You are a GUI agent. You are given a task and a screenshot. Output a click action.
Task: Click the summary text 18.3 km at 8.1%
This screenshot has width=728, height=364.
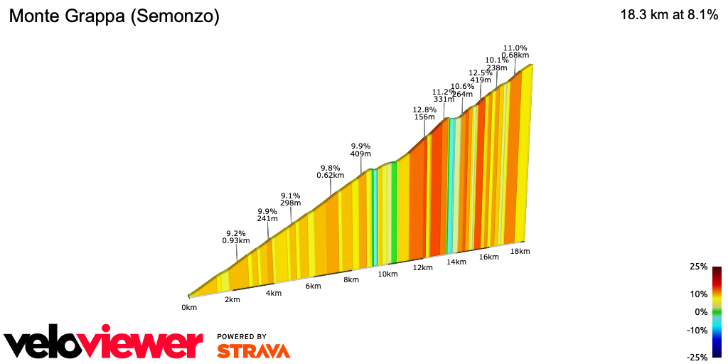point(669,15)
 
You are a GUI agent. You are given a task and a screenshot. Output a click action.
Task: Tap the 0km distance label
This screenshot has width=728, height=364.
point(188,308)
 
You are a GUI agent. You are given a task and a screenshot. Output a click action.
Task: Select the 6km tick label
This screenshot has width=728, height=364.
point(314,286)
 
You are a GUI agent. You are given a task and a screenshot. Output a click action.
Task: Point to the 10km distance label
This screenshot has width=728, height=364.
point(387,274)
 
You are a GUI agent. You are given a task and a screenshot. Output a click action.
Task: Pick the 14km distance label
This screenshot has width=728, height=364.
point(456,262)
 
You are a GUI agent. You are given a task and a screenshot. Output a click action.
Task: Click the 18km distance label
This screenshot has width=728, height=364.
point(520,251)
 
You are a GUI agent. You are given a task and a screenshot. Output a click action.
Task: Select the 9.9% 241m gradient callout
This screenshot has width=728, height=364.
point(267,215)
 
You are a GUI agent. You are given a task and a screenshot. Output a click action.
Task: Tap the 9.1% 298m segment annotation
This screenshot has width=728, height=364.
point(290,199)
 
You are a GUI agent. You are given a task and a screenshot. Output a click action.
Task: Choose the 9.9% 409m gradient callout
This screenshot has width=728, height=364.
point(361,149)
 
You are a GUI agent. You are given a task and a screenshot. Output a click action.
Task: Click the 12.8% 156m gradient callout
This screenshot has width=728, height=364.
point(424,114)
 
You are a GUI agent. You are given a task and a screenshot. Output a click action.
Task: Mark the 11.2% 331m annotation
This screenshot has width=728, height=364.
point(444,95)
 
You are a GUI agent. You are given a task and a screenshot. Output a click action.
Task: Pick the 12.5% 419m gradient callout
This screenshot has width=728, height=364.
point(481,76)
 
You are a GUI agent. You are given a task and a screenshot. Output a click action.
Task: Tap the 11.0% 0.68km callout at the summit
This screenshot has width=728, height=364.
point(515,51)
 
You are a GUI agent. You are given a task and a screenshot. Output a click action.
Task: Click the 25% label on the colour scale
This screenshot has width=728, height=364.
point(698,267)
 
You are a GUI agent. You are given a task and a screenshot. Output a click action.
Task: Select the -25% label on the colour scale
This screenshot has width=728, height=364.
point(697,357)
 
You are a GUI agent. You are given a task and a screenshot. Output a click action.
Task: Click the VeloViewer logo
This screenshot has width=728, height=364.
point(104,344)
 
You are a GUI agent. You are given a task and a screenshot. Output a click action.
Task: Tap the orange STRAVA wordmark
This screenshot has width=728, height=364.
point(253,350)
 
